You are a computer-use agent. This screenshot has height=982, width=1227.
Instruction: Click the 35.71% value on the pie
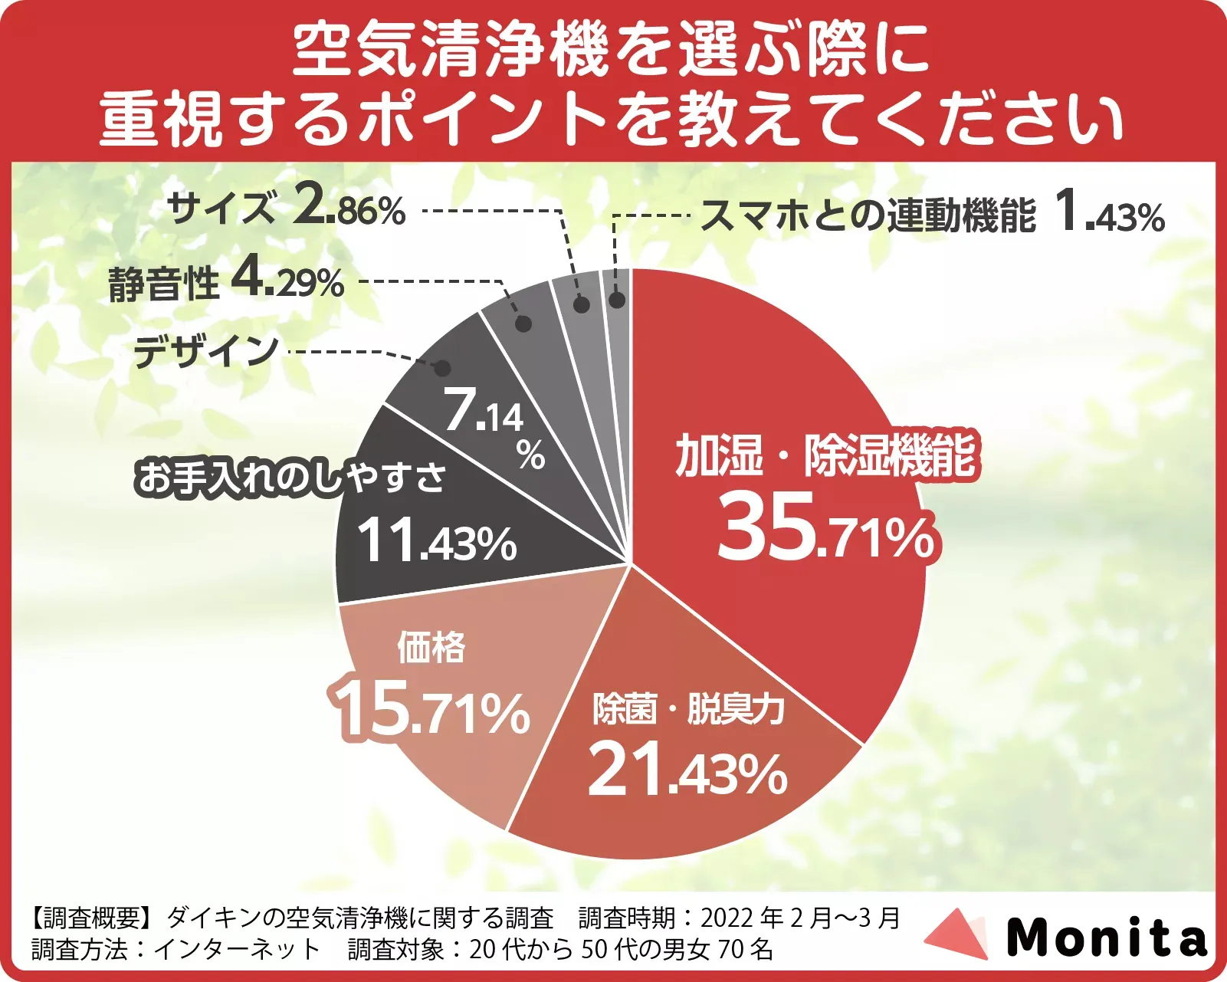[826, 527]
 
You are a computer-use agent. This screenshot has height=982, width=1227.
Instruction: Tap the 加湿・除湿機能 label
[825, 455]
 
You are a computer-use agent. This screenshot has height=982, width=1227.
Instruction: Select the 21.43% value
[687, 770]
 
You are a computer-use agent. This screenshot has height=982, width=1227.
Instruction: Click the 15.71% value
[431, 710]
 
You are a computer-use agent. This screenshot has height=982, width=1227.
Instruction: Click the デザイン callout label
[205, 352]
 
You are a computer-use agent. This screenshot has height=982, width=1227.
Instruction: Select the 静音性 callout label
[163, 283]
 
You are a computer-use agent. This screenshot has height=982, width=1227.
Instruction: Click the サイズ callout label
[221, 209]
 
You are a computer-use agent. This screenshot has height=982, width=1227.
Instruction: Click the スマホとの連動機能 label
[868, 215]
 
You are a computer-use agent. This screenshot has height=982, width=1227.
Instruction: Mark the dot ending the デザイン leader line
[442, 368]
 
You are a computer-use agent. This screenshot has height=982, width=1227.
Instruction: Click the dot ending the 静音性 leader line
[523, 323]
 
